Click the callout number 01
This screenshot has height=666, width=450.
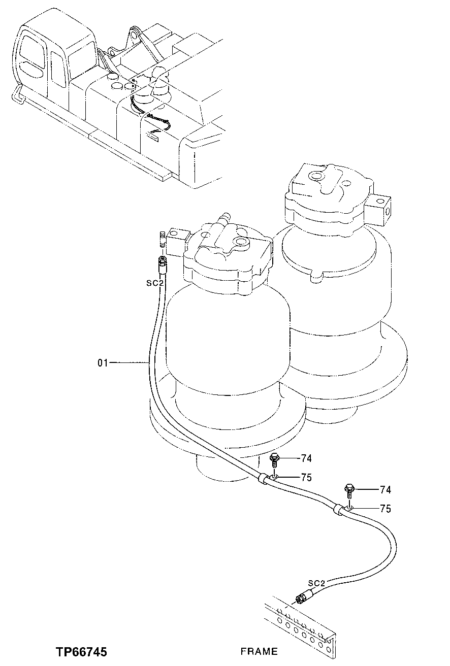click(103, 362)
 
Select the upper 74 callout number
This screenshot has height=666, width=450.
click(306, 458)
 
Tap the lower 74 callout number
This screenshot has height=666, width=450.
click(385, 490)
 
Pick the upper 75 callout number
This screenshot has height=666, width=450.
click(306, 478)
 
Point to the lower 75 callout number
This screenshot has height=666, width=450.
click(385, 509)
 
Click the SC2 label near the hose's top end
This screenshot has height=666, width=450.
click(154, 283)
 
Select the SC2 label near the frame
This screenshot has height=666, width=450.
click(316, 583)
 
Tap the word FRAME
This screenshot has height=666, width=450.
click(259, 651)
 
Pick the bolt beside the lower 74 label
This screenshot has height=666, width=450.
click(349, 489)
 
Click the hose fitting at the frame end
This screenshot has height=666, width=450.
click(302, 598)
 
